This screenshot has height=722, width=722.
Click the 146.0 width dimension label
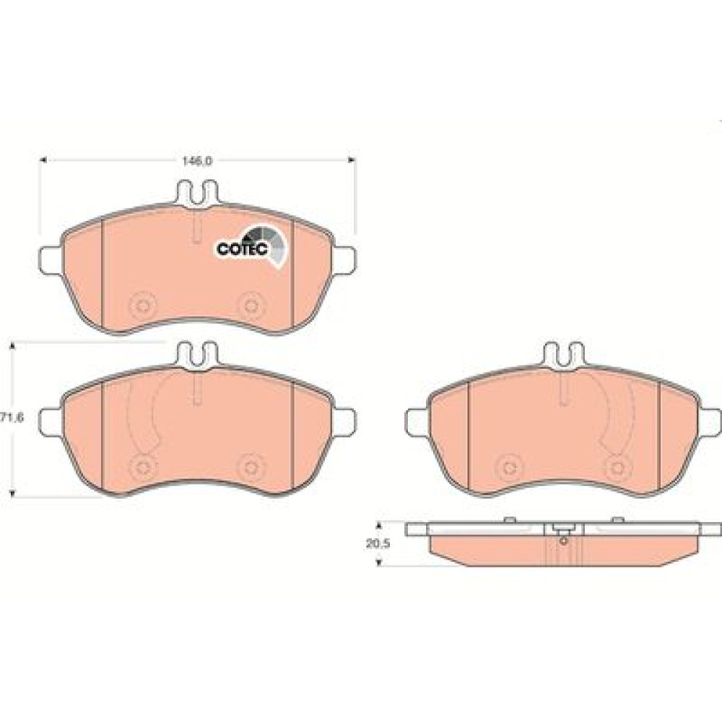coord(196,161)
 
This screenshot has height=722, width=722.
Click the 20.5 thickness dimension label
coord(378,544)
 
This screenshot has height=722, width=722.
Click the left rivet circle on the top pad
coord(142,305)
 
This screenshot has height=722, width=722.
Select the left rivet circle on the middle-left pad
coord(142,467)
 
